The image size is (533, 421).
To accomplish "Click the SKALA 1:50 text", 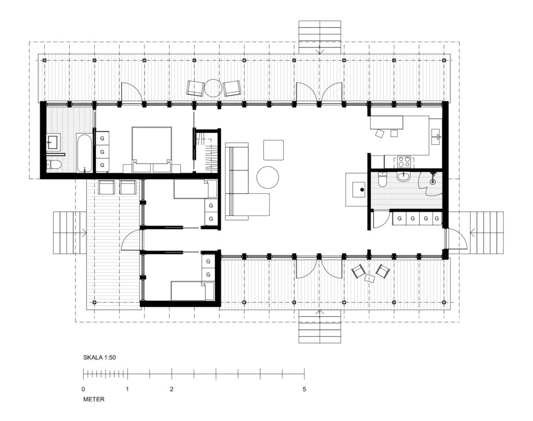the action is [x=99, y=358].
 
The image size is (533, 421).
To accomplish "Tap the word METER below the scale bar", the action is [x=94, y=399].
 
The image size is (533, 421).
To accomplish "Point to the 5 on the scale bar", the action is [x=304, y=389].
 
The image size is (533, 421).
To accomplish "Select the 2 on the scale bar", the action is [x=172, y=389].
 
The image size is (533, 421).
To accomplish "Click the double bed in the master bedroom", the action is [x=151, y=150].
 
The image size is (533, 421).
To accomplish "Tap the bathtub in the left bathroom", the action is [x=84, y=153].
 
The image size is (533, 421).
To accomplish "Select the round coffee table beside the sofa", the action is [x=268, y=177].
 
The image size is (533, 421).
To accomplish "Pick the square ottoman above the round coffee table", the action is [x=273, y=150].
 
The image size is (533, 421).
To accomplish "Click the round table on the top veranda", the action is [x=213, y=89].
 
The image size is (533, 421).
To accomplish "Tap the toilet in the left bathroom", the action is [x=54, y=165].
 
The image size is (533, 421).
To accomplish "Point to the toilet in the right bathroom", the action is [x=383, y=179].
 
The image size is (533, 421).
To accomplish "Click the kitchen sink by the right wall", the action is [x=436, y=137].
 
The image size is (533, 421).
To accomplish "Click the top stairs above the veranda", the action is [x=320, y=37].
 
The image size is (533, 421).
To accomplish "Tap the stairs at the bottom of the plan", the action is [x=320, y=327].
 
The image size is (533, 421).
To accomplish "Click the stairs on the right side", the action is [x=486, y=233].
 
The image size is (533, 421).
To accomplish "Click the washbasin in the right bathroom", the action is [x=404, y=177].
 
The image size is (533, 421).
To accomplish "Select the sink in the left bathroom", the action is [x=54, y=142].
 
